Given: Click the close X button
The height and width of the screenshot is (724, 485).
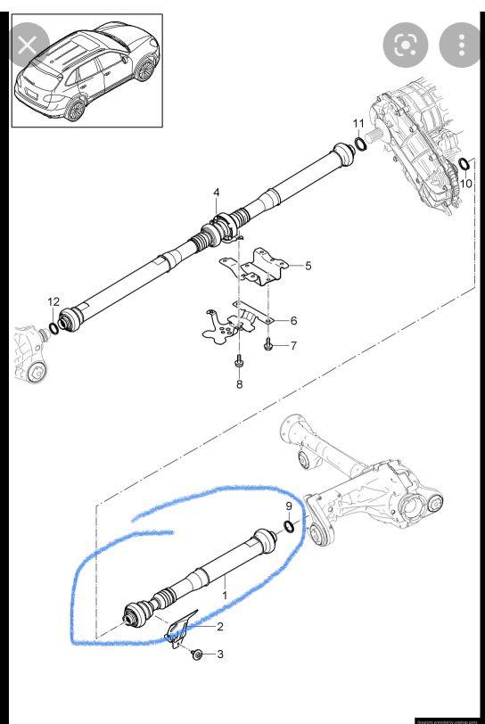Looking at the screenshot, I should click(28, 45).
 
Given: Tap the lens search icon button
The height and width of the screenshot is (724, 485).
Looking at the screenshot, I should click(404, 45).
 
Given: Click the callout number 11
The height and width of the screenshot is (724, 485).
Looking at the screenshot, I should click(358, 123).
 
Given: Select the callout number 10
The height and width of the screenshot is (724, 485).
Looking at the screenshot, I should click(466, 184).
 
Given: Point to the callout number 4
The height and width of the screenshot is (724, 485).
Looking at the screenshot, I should click(216, 193).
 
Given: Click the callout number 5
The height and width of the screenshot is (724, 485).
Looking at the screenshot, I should click(308, 266).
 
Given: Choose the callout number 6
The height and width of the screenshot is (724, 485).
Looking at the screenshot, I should click(293, 320).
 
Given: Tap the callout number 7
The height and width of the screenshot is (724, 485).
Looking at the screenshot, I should click(292, 345).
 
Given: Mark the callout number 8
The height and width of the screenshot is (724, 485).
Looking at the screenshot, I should click(239, 384).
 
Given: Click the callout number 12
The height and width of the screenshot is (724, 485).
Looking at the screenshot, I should click(53, 302).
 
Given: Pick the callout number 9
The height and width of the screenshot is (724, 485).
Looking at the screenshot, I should click(289, 506).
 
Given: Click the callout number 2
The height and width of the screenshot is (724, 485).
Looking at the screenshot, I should click(220, 627).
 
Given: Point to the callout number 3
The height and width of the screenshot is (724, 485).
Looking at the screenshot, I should click(220, 655).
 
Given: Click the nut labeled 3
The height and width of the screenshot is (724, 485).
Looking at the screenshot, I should click(196, 655).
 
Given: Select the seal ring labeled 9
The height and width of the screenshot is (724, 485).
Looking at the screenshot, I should click(290, 527).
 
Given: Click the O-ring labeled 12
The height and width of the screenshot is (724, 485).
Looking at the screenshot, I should click(53, 327).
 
